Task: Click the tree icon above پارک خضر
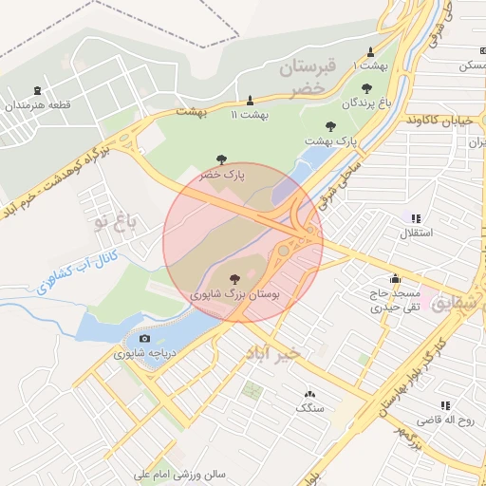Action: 220,159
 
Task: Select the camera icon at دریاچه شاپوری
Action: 144,338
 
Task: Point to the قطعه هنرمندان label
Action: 38,105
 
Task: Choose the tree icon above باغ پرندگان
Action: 367,88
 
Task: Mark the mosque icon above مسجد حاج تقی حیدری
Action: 395,279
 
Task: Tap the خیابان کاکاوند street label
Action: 439,121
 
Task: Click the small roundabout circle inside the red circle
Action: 283,251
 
